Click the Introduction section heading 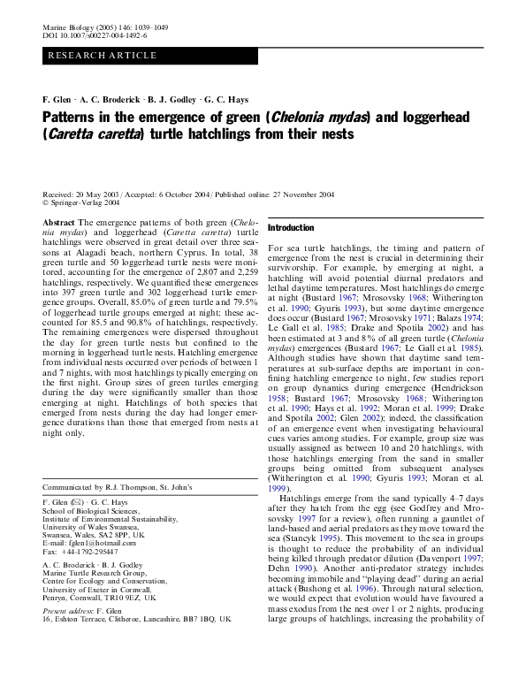click(x=291, y=227)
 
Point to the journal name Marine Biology click(x=67, y=28)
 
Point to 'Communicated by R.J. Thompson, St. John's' click(x=129, y=486)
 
